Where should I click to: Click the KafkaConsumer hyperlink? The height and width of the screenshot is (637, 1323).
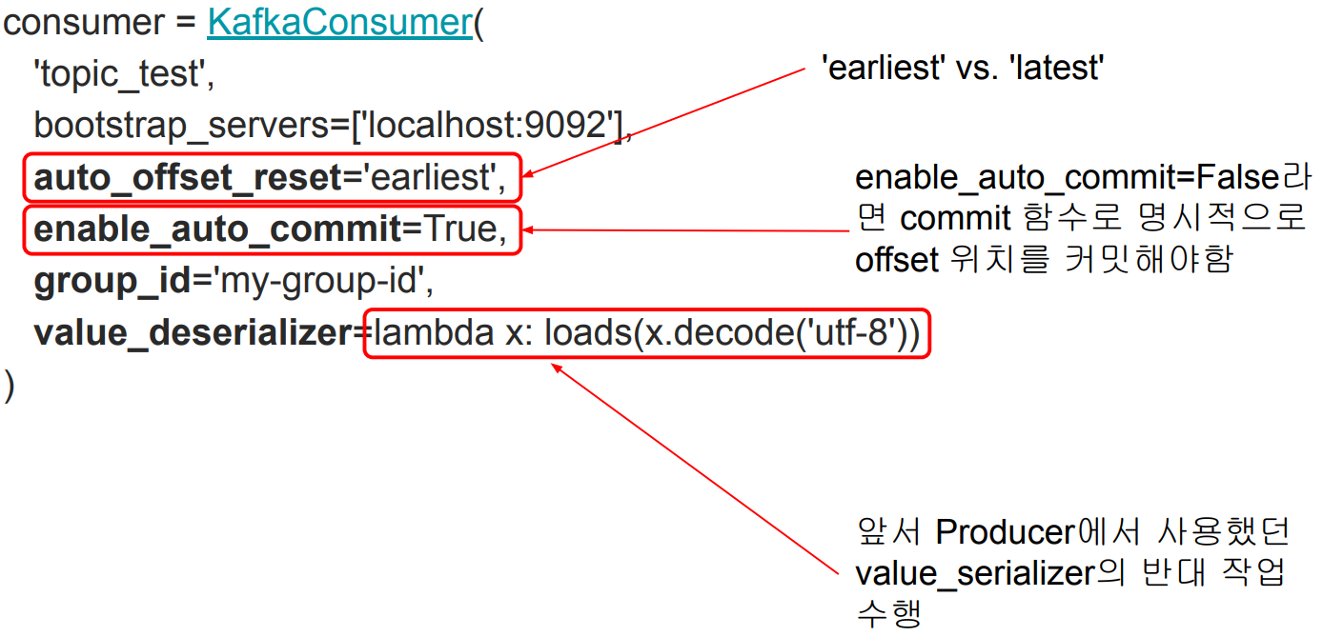pos(339,23)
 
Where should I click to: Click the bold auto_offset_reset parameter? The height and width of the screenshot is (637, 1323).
pos(187,177)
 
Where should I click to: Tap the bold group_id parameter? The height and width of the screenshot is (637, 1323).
pos(108,281)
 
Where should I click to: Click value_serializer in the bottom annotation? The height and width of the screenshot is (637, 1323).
pos(972,573)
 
